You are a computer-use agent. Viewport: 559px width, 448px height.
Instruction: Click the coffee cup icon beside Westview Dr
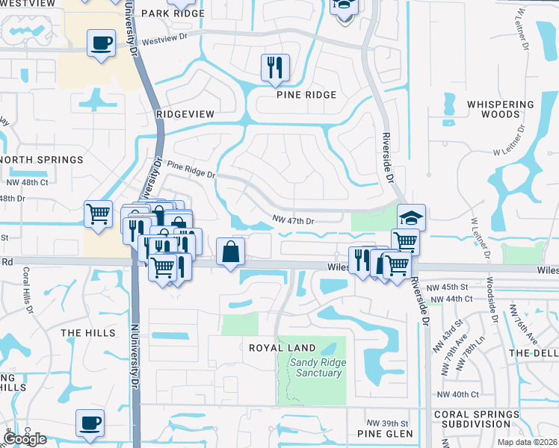(100, 43)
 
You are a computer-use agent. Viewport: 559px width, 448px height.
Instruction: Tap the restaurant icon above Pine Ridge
(275, 68)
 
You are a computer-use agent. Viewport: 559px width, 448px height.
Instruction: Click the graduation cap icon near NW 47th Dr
(411, 217)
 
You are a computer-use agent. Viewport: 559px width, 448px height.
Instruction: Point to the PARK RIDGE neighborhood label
(173, 13)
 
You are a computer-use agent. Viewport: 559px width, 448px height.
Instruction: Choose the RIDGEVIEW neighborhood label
(185, 113)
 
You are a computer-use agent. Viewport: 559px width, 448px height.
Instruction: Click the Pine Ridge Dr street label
(191, 169)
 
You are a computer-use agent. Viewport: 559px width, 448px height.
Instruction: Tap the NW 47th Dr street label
(293, 221)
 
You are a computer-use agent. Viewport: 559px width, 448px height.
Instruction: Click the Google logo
(25, 439)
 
